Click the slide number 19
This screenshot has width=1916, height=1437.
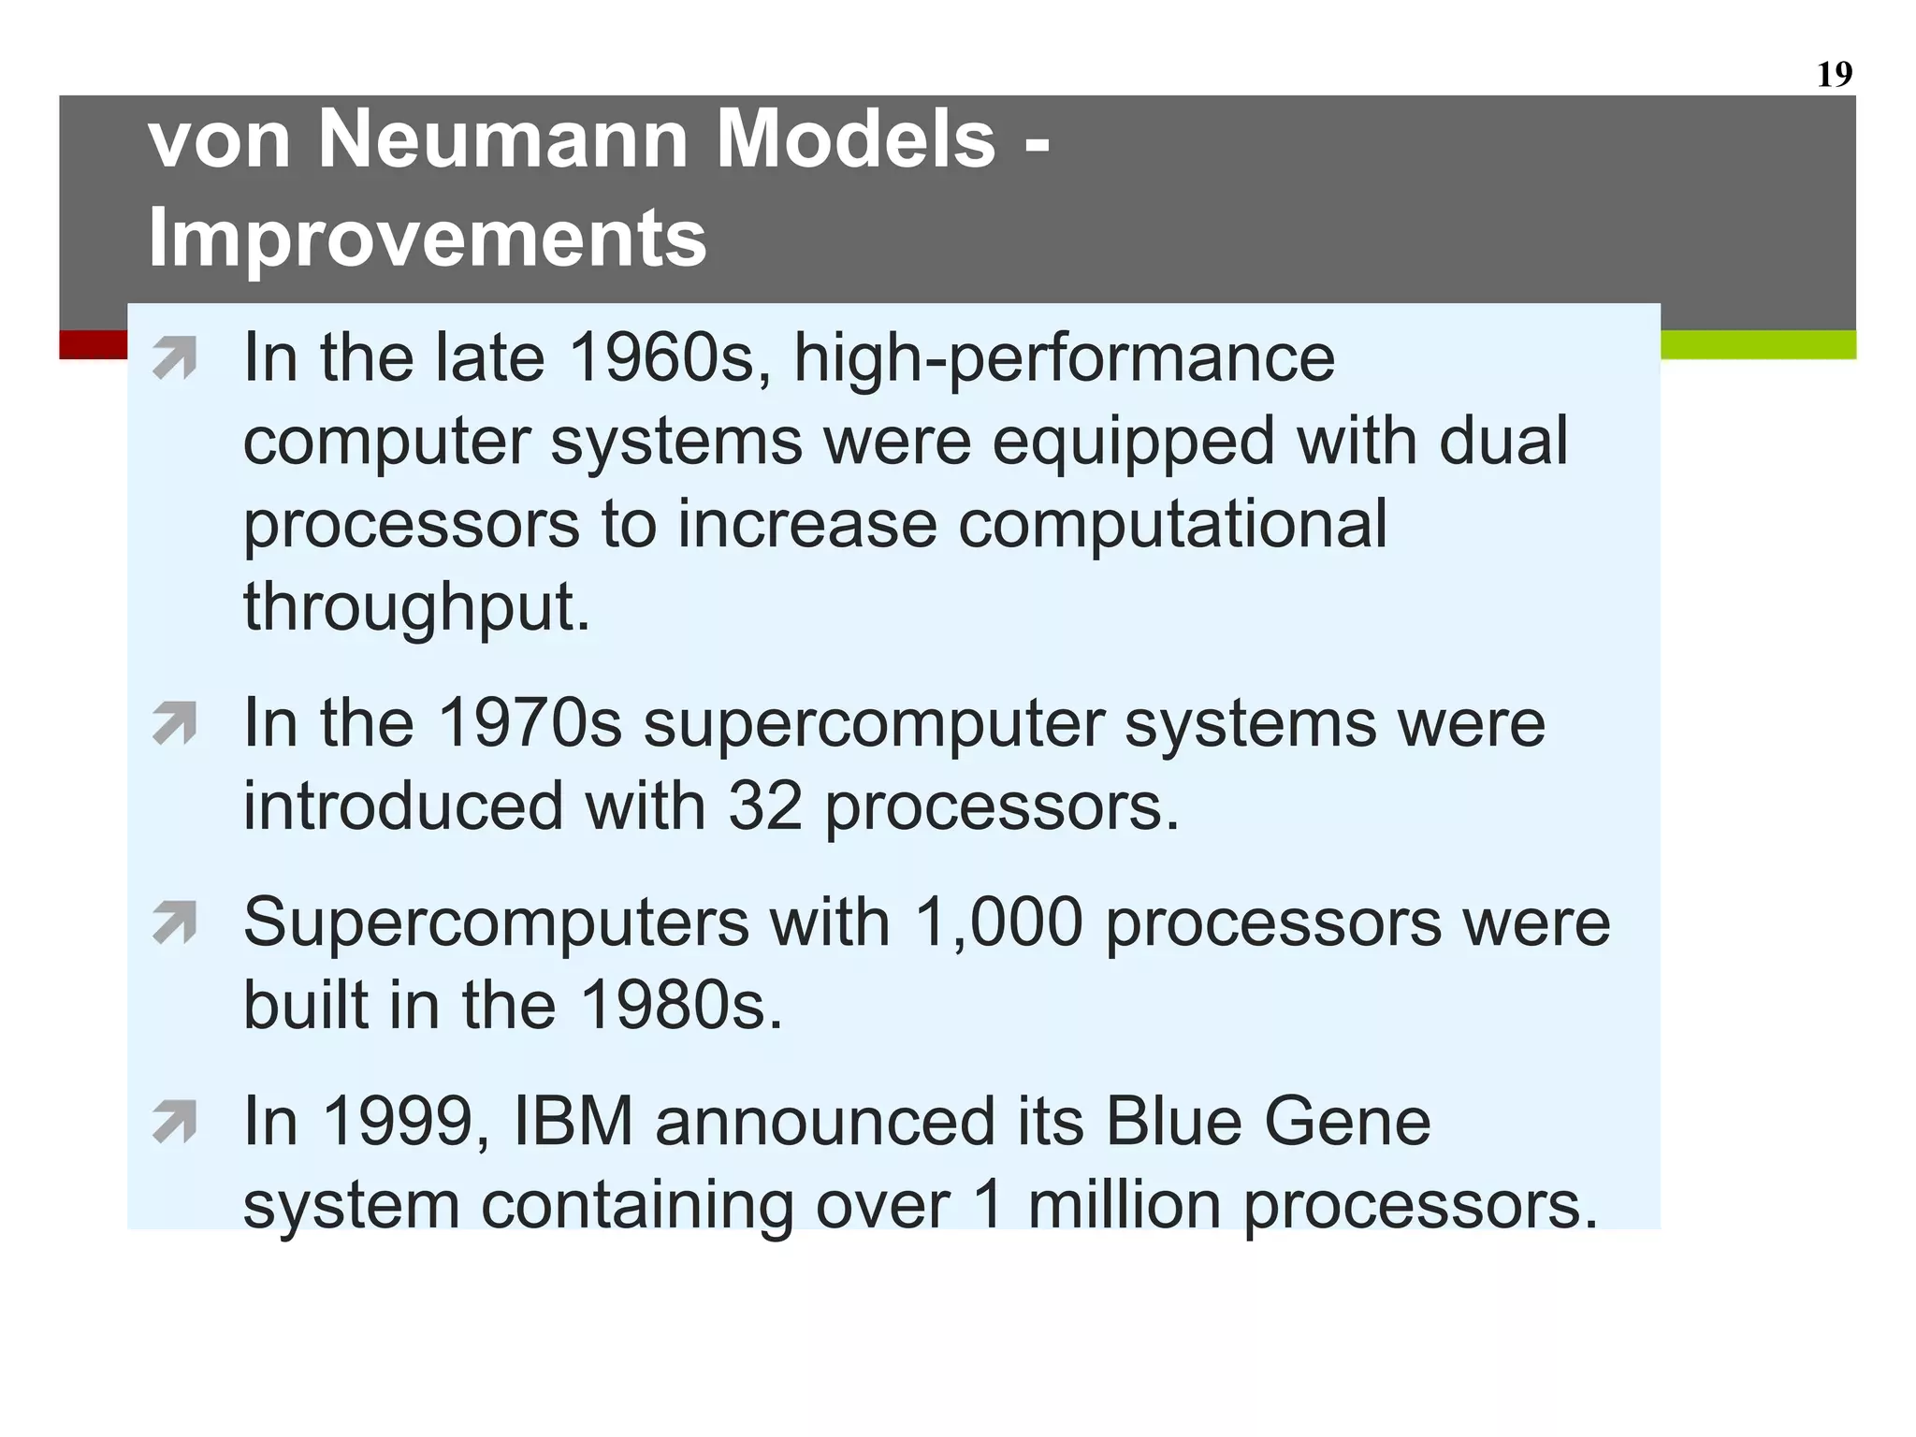point(1834,74)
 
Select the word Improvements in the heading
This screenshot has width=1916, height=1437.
point(428,238)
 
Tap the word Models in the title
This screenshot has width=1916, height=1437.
point(856,138)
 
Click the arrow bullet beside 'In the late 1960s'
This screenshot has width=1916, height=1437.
point(175,358)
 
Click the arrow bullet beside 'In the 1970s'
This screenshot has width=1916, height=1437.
point(175,723)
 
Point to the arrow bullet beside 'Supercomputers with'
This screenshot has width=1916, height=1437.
point(175,922)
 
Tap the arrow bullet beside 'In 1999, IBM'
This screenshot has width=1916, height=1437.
point(175,1122)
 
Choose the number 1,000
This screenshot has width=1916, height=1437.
point(997,924)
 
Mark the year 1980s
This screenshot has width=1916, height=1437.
point(680,1006)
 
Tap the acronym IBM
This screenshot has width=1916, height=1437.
point(573,1122)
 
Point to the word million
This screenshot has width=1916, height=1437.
point(1124,1204)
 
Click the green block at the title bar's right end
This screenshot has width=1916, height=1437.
point(1758,345)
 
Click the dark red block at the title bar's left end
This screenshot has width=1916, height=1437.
point(93,345)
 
